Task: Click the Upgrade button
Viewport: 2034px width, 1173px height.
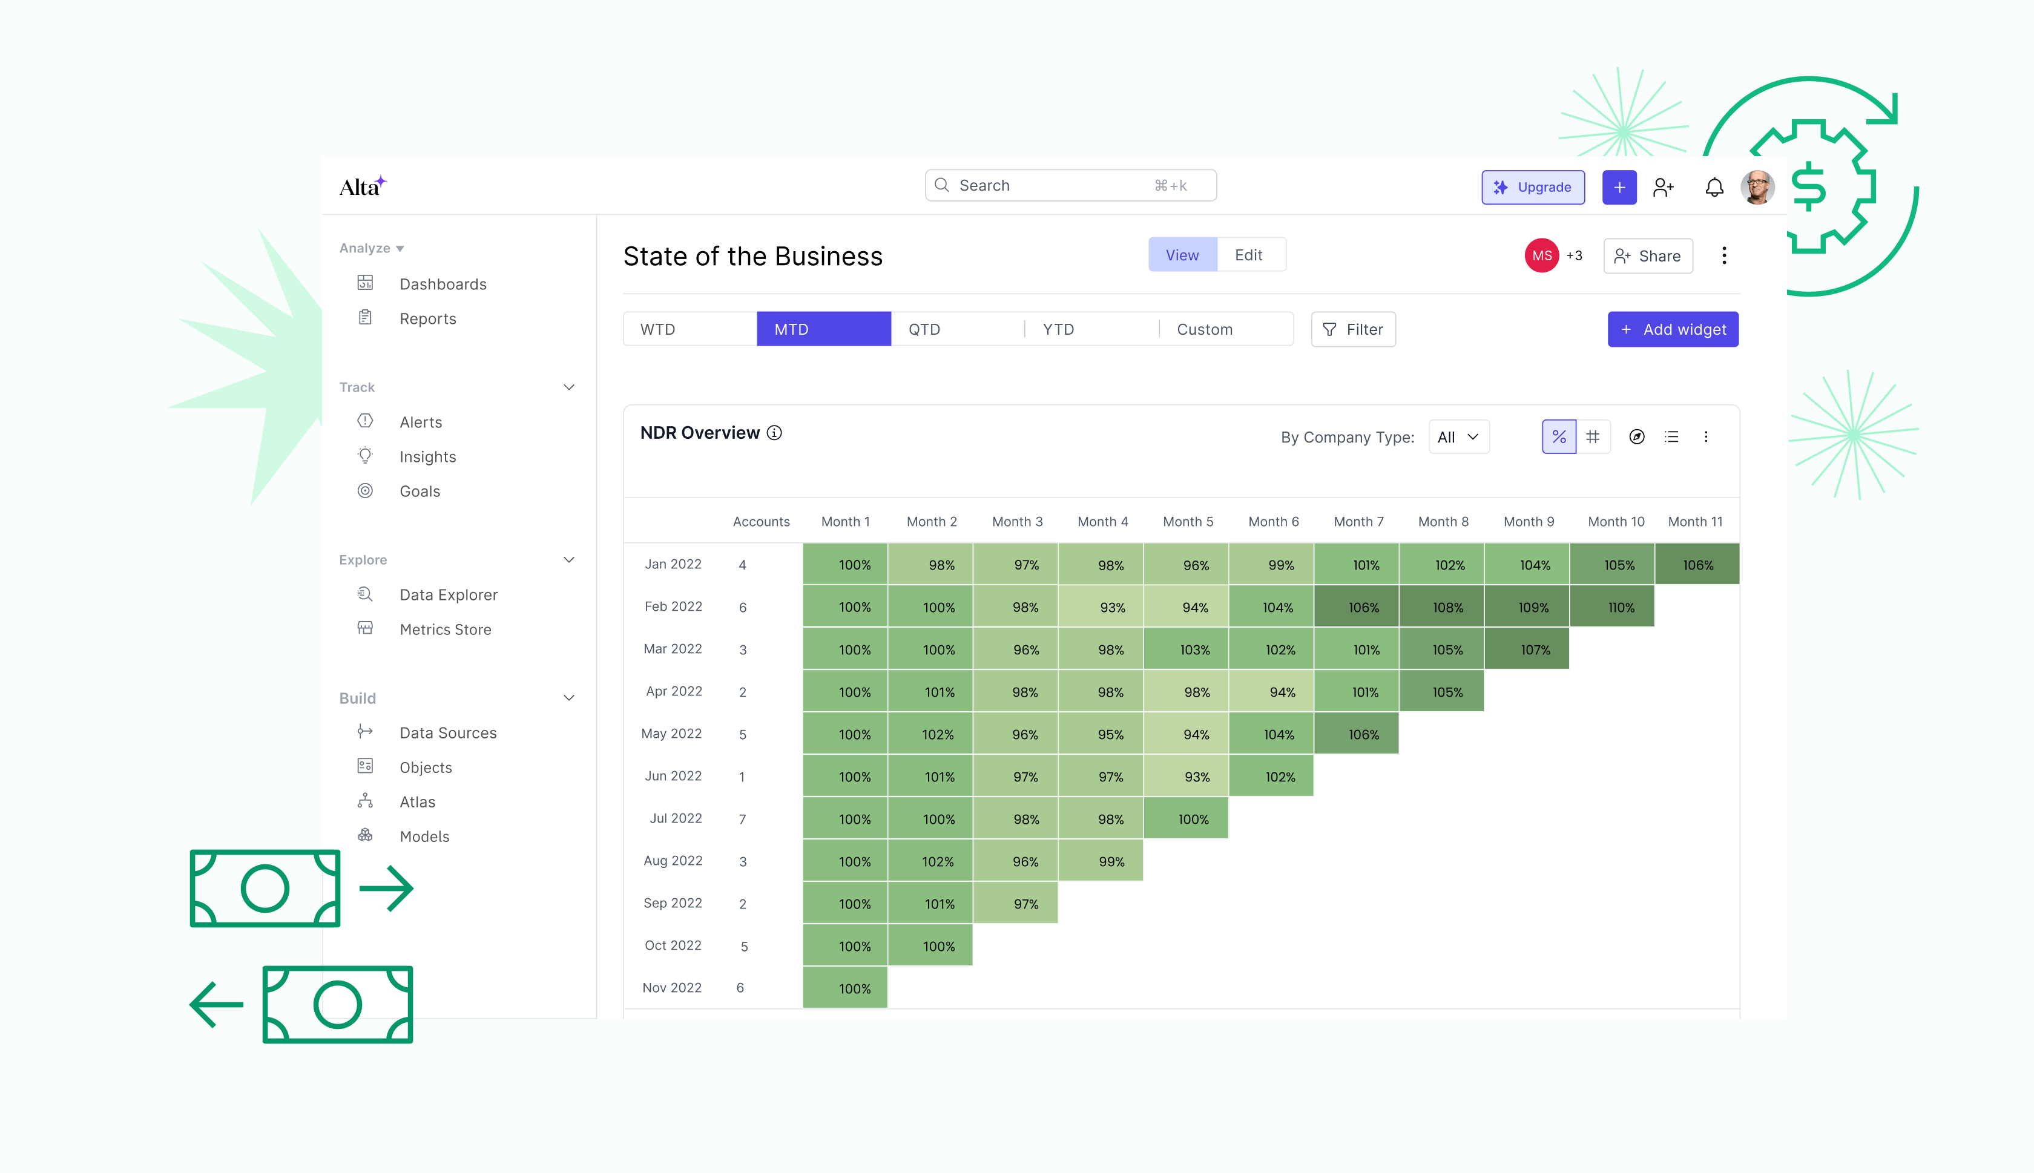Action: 1532,187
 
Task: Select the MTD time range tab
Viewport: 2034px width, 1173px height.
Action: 823,329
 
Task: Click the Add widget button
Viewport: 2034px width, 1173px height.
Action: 1673,329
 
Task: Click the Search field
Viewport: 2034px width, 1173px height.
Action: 1070,185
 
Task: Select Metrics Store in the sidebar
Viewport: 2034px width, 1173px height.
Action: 445,629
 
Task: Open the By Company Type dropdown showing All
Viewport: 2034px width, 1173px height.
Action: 1458,436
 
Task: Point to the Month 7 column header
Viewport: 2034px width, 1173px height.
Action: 1358,521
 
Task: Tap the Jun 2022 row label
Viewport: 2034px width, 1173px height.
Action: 673,776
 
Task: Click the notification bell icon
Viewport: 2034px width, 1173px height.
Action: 1714,187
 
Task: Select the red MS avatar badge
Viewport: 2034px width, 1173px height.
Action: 1541,256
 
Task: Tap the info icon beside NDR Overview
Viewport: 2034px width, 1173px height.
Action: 774,433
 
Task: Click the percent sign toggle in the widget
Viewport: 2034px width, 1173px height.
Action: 1559,436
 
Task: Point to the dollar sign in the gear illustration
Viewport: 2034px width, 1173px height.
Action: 1808,187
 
